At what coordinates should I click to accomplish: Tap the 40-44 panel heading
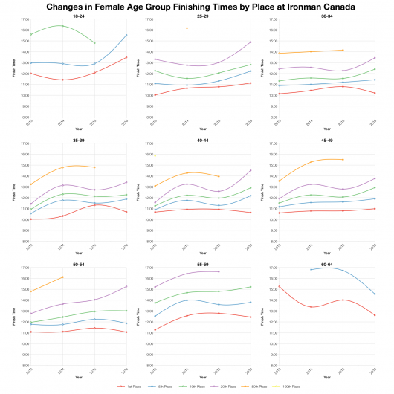[202, 139]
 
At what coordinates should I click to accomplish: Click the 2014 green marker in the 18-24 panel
[62, 26]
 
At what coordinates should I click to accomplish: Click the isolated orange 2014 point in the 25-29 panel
[186, 28]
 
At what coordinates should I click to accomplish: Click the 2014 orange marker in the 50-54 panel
[62, 277]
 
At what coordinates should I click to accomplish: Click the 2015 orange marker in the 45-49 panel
[342, 159]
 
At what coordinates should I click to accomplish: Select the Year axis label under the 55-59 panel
[202, 377]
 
